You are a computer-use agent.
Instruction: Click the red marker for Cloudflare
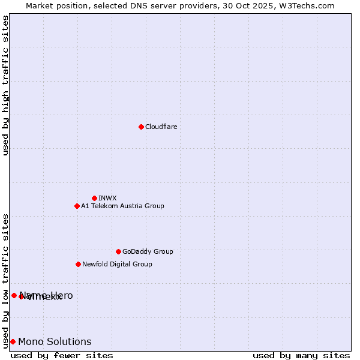tap(141, 127)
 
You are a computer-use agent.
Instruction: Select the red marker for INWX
tap(94, 198)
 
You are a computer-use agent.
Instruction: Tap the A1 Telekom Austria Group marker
tap(77, 206)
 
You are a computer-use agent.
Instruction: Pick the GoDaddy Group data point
tap(118, 251)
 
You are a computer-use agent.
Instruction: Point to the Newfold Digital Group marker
tap(78, 264)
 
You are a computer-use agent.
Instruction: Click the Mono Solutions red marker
tap(13, 341)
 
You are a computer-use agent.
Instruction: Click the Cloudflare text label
tap(161, 127)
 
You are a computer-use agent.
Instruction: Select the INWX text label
tap(107, 198)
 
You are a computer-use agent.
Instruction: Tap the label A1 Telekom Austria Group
tap(122, 206)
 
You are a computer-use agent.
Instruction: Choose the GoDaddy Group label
tap(148, 251)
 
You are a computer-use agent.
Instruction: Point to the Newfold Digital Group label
tap(117, 264)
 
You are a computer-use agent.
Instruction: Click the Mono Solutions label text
tap(55, 341)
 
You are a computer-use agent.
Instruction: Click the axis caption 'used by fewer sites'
tap(62, 355)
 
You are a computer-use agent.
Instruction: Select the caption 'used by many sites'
tap(301, 355)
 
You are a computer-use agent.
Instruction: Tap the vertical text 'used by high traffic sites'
tap(5, 85)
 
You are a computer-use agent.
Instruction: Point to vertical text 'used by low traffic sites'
tap(5, 280)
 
